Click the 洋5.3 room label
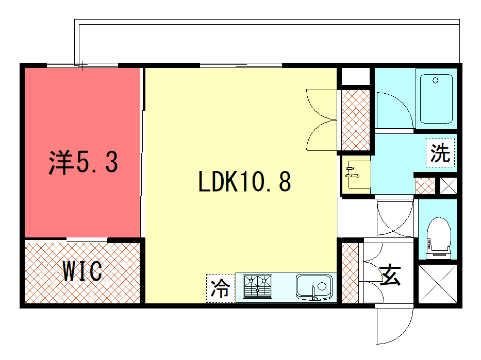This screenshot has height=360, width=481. click(83, 162)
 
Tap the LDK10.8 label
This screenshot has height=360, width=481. click(244, 181)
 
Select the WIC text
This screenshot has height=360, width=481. click(82, 271)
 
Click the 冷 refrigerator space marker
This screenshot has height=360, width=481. click(221, 288)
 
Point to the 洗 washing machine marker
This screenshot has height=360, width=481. click(440, 153)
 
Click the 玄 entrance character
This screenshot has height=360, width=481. click(390, 275)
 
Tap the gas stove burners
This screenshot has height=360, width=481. click(257, 286)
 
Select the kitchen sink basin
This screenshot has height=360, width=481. click(314, 287)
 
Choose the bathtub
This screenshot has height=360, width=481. click(436, 99)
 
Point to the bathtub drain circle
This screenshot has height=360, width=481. click(435, 80)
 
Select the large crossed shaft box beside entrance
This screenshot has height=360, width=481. click(438, 284)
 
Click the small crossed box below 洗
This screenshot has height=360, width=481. click(449, 186)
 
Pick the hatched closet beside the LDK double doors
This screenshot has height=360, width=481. click(356, 120)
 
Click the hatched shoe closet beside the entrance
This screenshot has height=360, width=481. click(350, 273)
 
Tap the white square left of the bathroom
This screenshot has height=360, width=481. click(356, 76)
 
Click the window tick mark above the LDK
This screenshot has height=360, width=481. click(241, 65)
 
